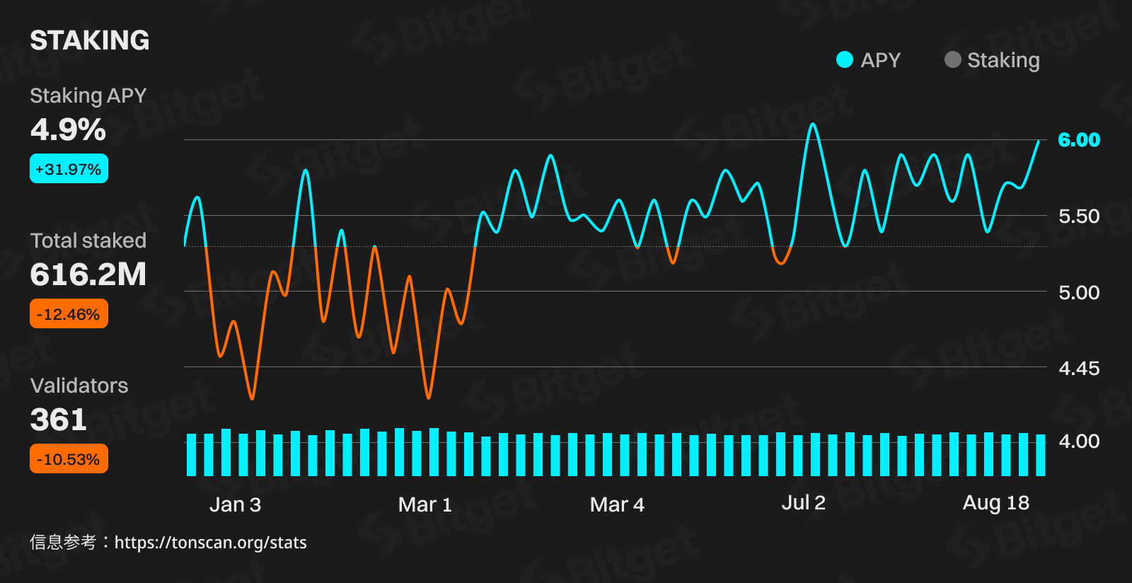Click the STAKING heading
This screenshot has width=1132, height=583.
pos(90,40)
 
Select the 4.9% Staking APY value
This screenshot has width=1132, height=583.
pos(68,129)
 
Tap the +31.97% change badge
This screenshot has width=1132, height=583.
pos(69,169)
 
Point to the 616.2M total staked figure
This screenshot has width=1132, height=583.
pos(88,275)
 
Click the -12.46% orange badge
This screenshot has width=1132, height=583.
pos(69,314)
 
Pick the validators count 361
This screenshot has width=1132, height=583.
pos(59,420)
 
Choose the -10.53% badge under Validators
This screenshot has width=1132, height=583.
pos(69,459)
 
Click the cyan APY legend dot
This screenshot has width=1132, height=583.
pos(844,60)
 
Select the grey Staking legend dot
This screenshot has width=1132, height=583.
pos(952,60)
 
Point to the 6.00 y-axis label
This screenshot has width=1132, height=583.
pos(1079,140)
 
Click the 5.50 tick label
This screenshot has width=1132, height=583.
pos(1079,216)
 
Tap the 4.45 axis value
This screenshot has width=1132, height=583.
pos(1079,368)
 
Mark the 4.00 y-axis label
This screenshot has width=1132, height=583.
pos(1079,441)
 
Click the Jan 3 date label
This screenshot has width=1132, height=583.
pos(236,504)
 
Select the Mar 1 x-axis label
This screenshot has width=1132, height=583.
pos(424,504)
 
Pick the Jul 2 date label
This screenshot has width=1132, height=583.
pos(803,503)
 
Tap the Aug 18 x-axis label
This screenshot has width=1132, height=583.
pos(996,503)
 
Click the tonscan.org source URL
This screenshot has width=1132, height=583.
pos(210,543)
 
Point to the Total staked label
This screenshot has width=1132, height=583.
pos(88,241)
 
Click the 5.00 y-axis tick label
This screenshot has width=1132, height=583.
pos(1079,292)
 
